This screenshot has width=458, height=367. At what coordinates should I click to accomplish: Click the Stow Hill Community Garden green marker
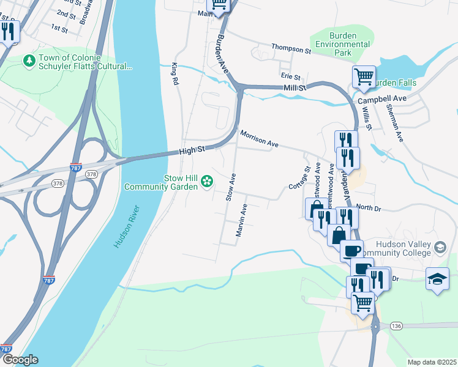[207, 180]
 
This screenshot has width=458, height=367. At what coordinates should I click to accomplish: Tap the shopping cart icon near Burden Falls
[364, 77]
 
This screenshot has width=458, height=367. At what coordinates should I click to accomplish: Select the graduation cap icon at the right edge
[437, 278]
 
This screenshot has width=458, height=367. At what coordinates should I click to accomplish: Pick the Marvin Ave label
[242, 220]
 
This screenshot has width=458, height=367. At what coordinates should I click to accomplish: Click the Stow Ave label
[231, 187]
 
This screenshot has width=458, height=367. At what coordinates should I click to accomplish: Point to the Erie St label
[290, 76]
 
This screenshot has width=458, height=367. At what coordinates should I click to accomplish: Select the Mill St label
[295, 89]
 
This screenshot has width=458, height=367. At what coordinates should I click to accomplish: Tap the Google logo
[20, 360]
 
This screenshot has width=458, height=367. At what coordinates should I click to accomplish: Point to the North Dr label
[369, 209]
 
